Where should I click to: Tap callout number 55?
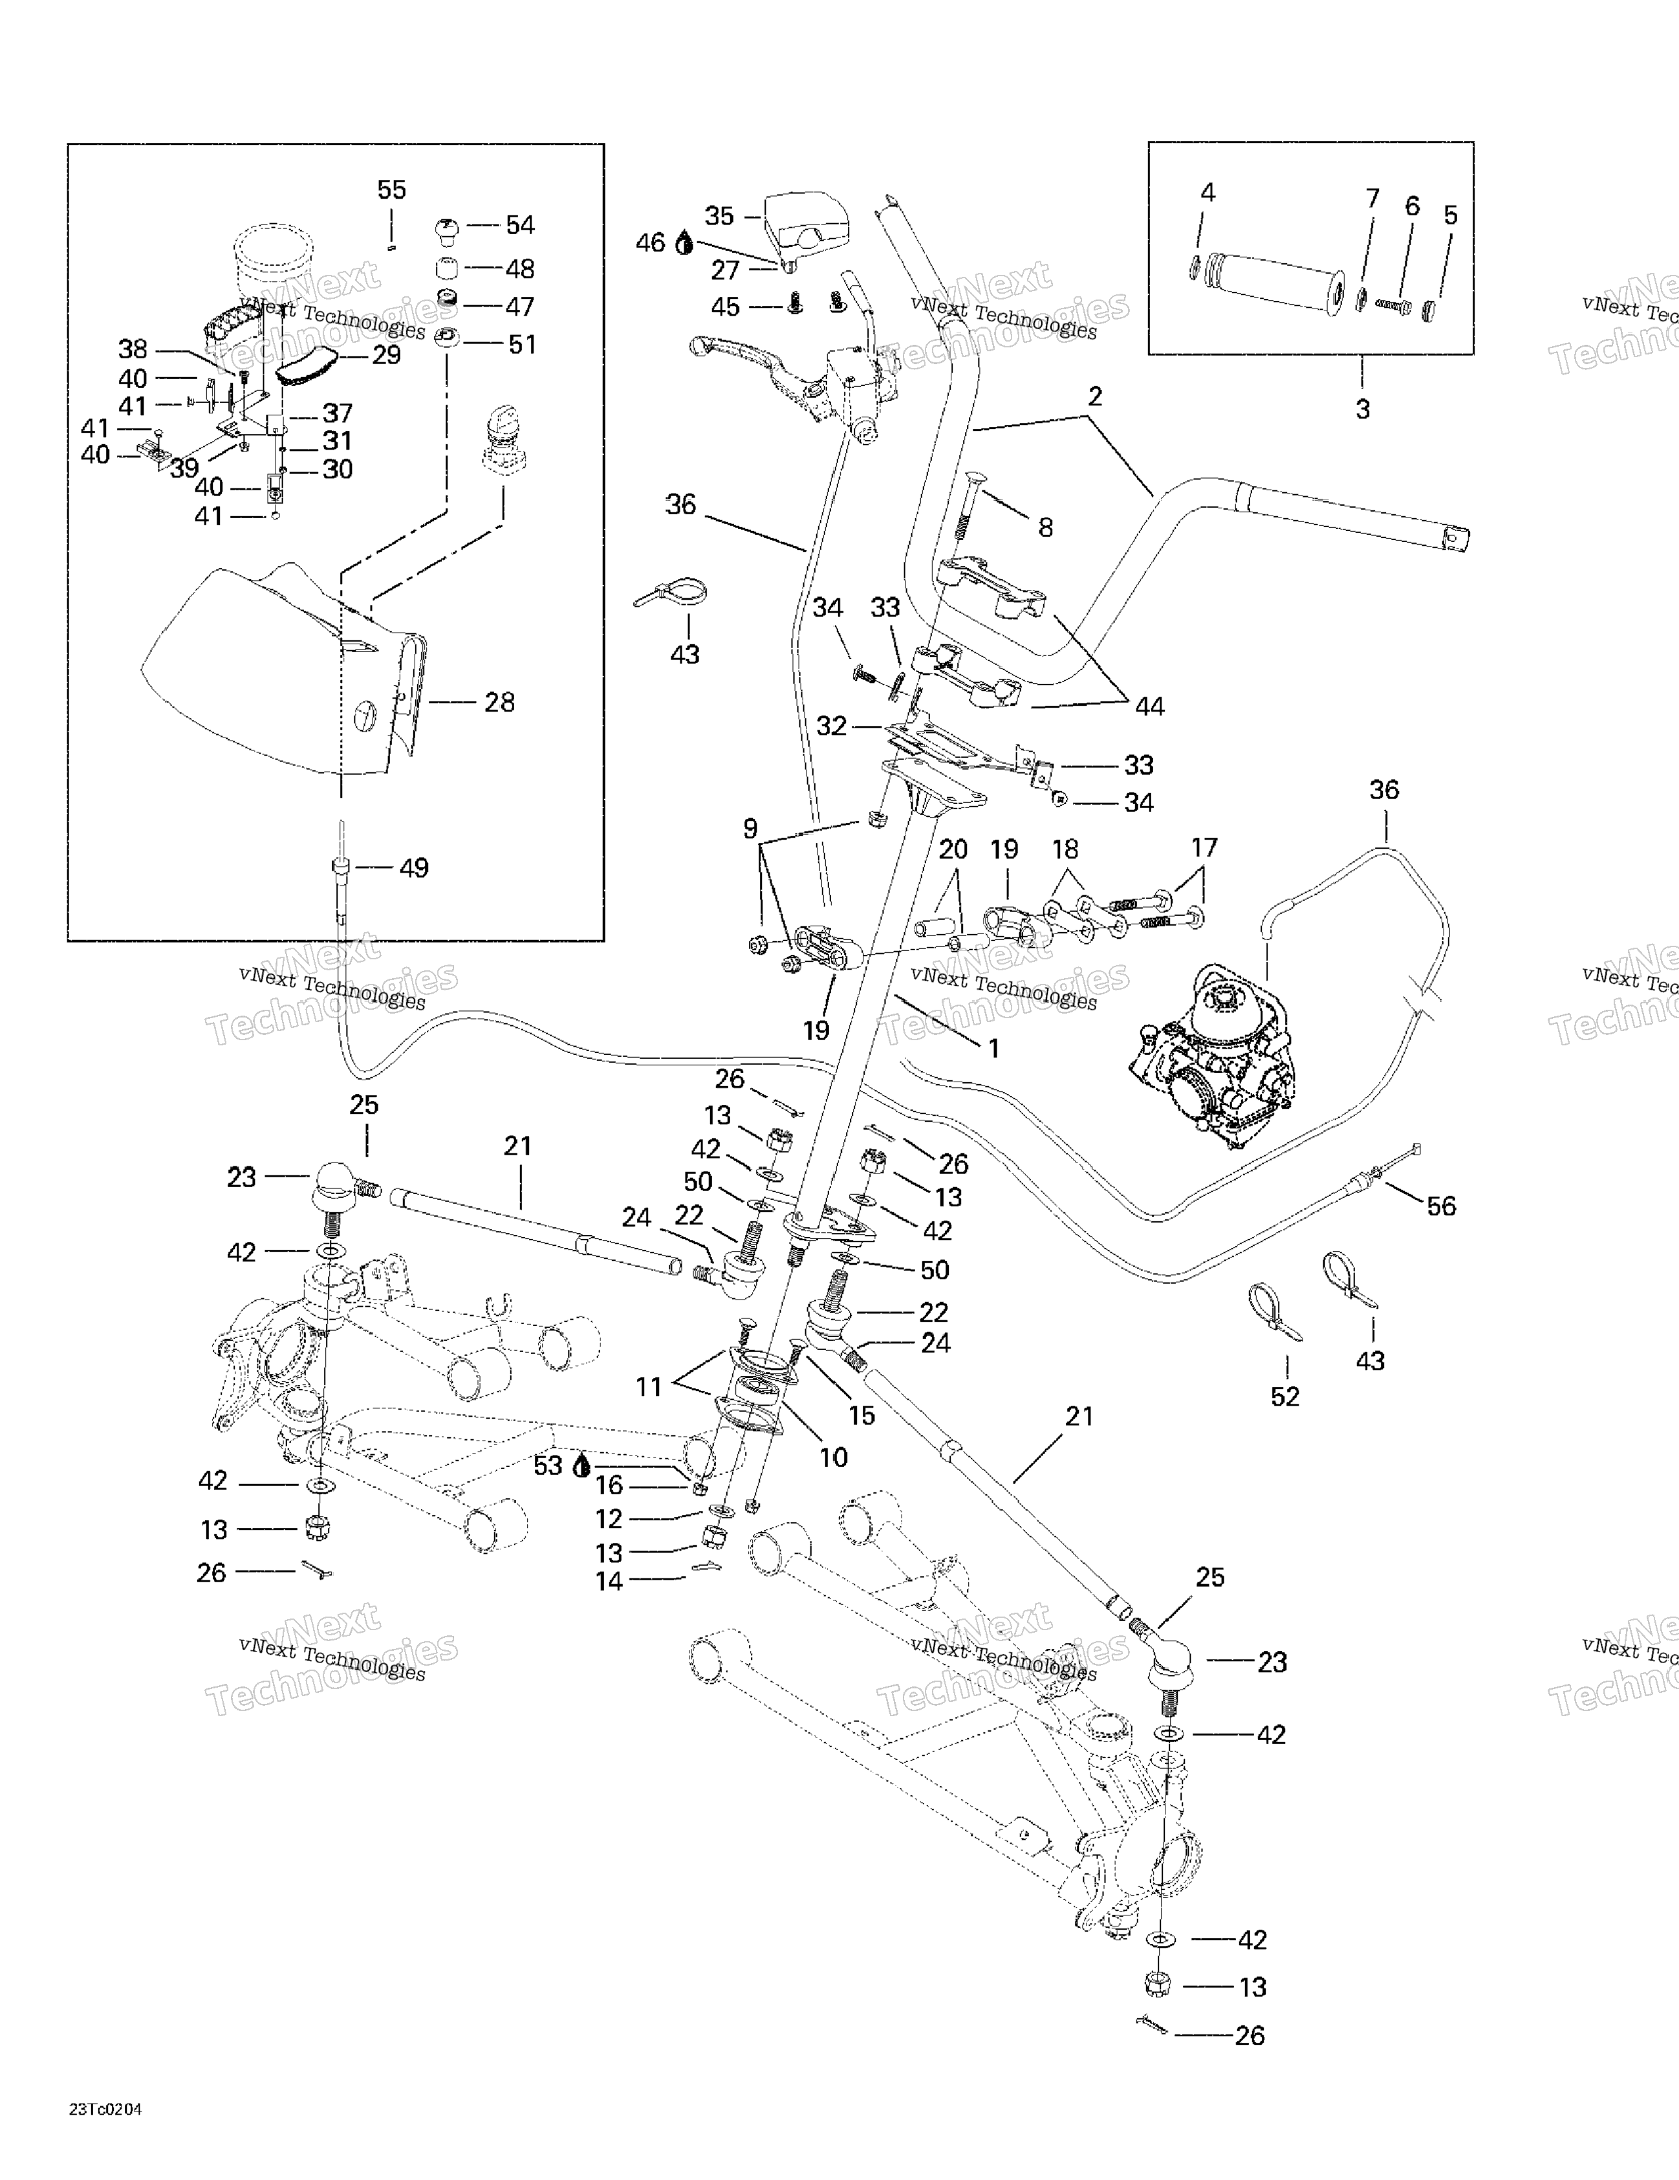point(391,190)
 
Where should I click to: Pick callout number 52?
point(1284,1397)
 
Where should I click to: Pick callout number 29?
point(385,355)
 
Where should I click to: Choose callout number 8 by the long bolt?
point(1045,527)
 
